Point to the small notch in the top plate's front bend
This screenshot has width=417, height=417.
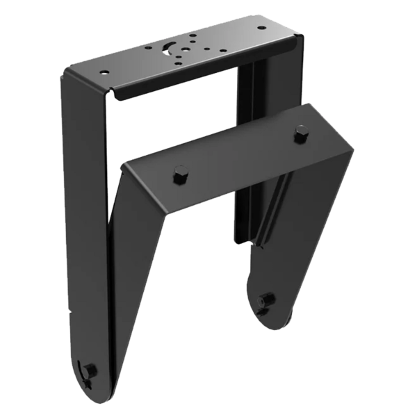point(115,91)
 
